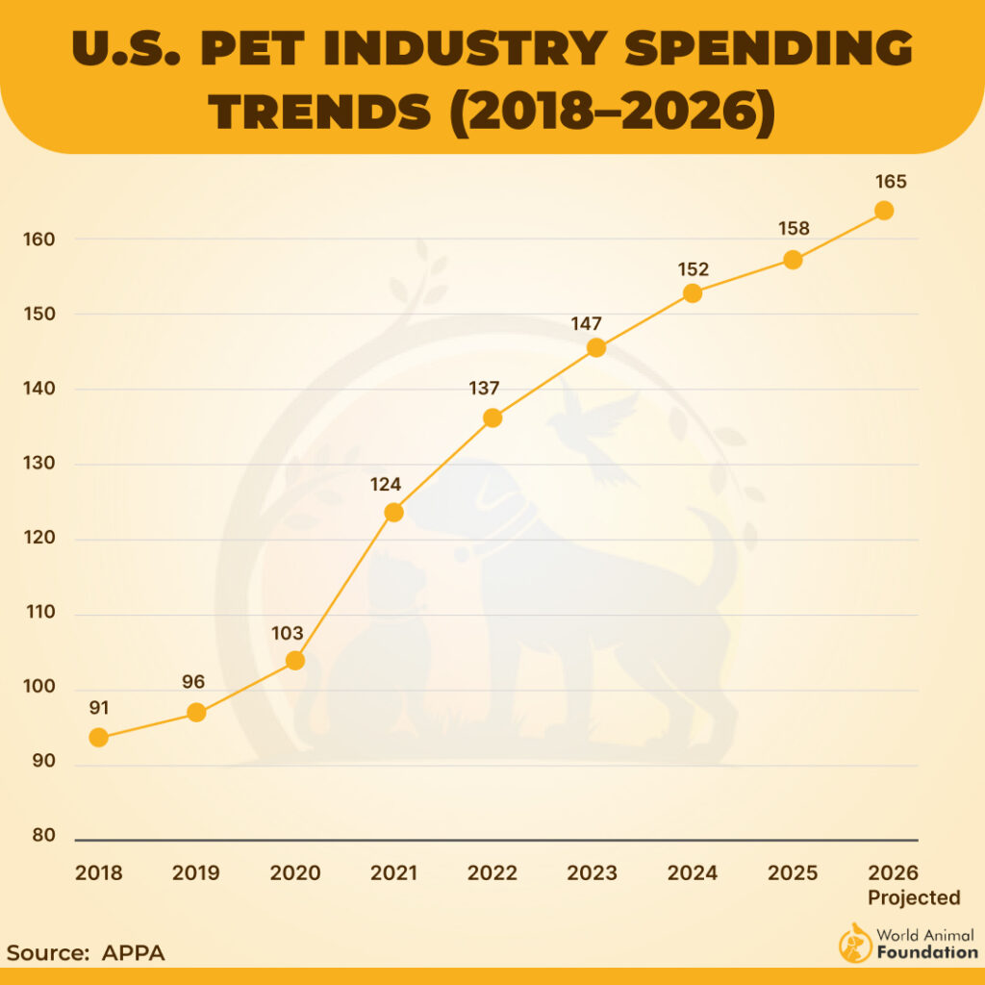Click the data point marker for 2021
393,512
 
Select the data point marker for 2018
98,738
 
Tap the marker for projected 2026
884,211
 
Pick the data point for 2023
596,347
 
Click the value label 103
287,634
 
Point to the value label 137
484,389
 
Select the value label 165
891,182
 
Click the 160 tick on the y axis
39,240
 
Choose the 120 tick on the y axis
39,539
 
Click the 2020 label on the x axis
295,873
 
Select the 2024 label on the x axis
693,873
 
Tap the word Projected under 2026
914,898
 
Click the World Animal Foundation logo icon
855,944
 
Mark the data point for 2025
793,260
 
